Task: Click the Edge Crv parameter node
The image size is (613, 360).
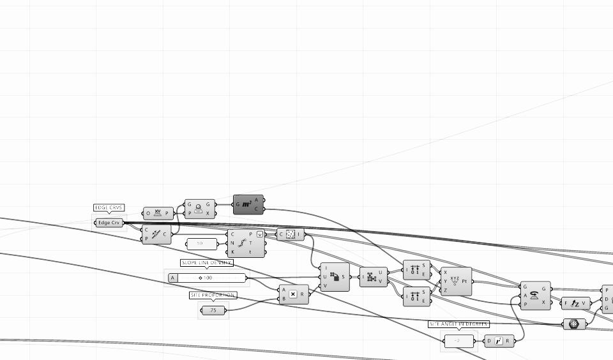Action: (109, 223)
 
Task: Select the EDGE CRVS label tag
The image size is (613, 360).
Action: (109, 208)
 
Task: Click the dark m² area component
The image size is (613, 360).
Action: (248, 204)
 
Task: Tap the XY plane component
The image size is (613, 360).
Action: (158, 213)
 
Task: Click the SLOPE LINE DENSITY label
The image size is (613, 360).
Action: (207, 263)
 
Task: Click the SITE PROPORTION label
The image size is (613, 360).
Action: (213, 296)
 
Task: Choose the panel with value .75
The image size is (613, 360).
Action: (213, 310)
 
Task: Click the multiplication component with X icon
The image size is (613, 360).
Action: (293, 294)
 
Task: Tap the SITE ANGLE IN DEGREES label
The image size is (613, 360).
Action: (458, 324)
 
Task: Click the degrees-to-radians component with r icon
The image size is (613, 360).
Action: (499, 341)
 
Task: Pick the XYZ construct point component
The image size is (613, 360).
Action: (455, 281)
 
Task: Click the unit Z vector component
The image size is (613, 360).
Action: (576, 303)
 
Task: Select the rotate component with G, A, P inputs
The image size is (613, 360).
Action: (534, 296)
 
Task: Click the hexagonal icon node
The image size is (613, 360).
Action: (574, 324)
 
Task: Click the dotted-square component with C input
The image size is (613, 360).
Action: (291, 234)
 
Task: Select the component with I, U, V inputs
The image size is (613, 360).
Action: (335, 277)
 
